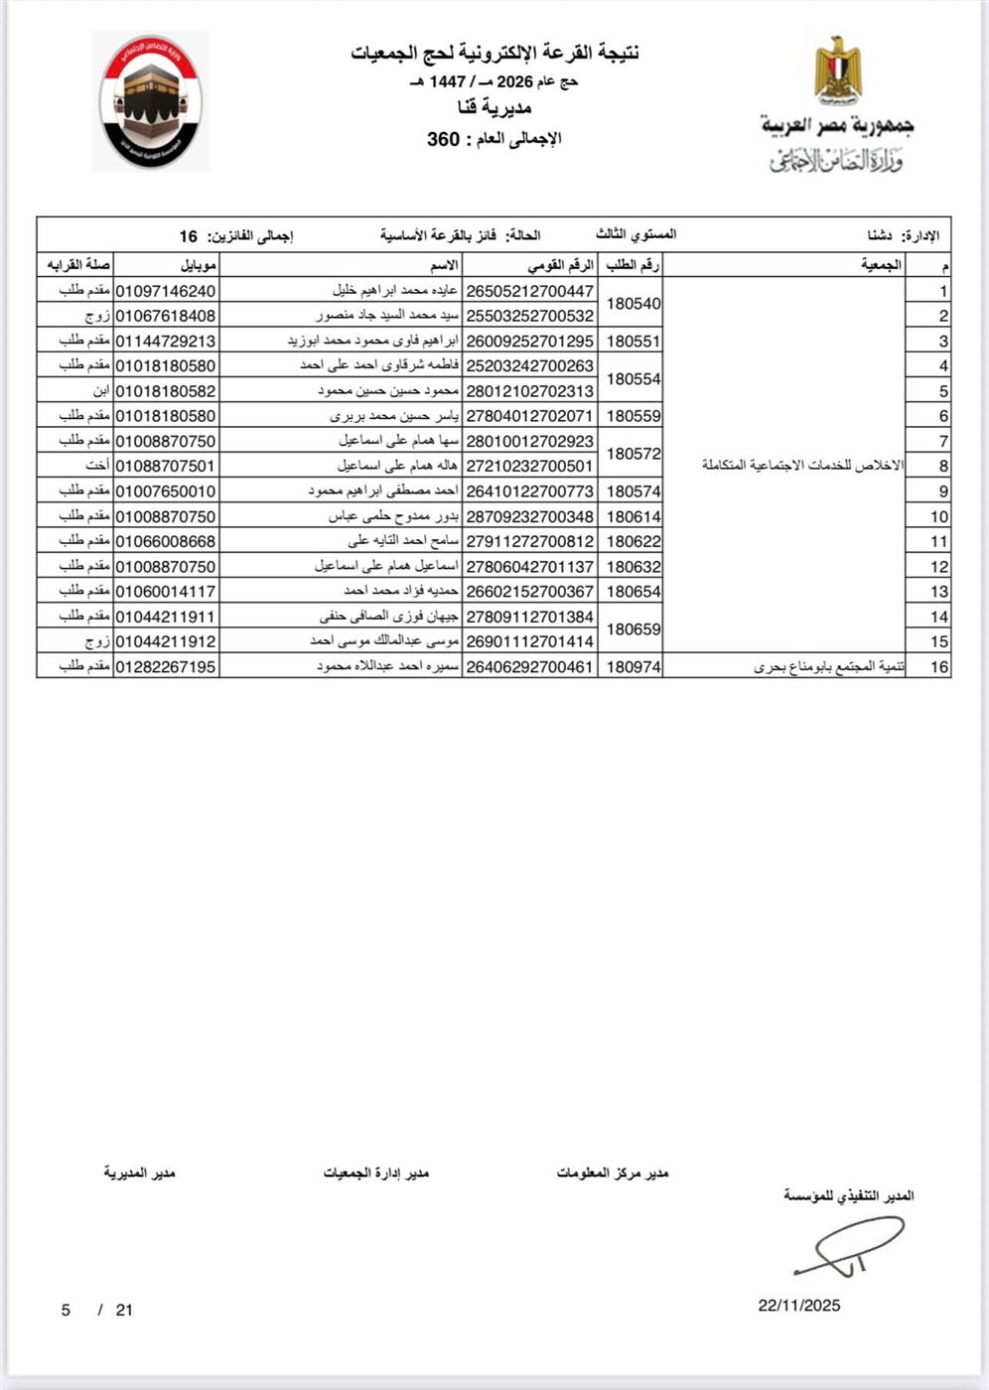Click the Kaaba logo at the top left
151,101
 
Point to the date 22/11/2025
798,1305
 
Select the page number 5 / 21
96,1310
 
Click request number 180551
633,341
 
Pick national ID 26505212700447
530,291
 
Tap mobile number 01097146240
166,291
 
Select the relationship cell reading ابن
100,391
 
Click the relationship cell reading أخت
96,466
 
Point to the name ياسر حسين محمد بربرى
394,416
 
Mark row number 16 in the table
938,667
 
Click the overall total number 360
443,139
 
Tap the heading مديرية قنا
494,107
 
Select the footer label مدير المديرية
139,1173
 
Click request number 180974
633,667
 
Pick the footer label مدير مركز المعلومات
612,1173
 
